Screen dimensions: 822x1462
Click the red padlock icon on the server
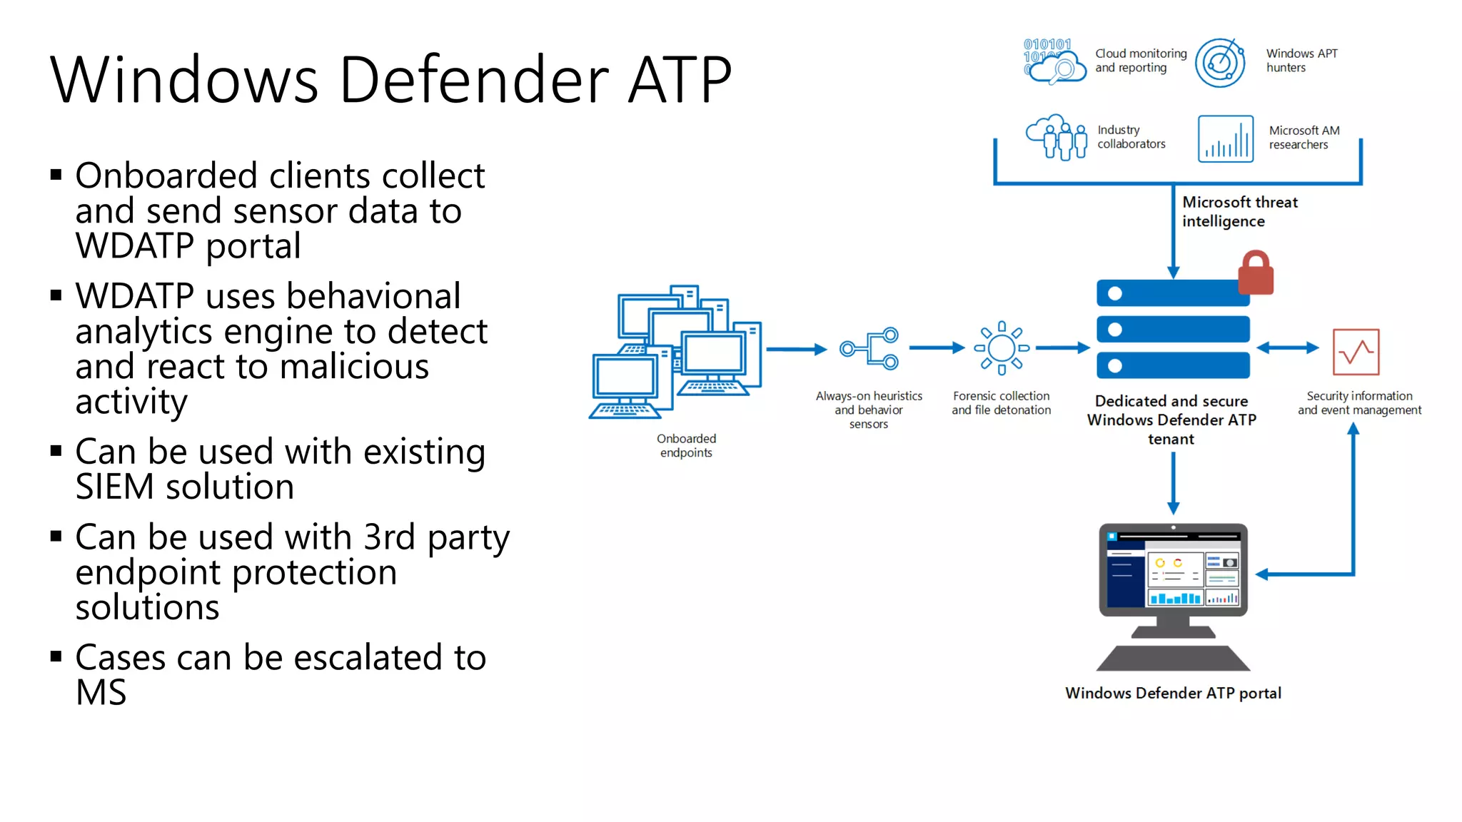click(1256, 274)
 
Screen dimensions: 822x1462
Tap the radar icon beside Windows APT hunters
click(1220, 63)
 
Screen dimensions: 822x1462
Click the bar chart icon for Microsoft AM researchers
click(1226, 139)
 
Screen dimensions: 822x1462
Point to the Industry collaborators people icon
click(1057, 137)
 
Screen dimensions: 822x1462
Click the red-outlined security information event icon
click(1356, 352)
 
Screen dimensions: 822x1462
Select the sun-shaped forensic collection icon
click(1002, 348)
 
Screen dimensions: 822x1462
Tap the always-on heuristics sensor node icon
click(869, 348)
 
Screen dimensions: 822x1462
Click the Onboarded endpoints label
click(686, 445)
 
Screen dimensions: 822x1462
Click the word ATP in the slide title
click(680, 79)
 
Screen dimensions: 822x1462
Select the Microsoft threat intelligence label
click(1239, 211)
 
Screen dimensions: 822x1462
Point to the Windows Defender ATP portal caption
click(1173, 693)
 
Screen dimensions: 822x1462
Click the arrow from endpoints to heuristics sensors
click(796, 349)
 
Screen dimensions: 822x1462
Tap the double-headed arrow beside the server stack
click(1287, 348)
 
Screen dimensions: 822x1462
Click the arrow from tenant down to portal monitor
click(1173, 483)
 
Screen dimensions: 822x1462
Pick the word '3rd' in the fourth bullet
click(389, 537)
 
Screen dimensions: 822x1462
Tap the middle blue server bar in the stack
click(1173, 330)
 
